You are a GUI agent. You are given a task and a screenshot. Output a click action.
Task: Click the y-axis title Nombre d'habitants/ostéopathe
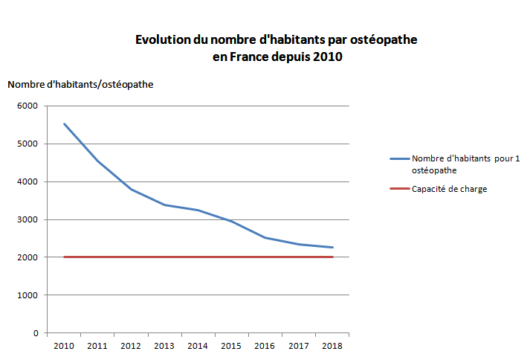click(x=80, y=84)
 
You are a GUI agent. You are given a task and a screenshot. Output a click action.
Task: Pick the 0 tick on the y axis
click(x=36, y=333)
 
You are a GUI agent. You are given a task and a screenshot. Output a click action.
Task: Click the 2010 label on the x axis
click(x=65, y=346)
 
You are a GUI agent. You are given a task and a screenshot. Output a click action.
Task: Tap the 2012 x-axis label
click(x=132, y=346)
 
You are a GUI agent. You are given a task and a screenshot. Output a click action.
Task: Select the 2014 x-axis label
click(x=198, y=346)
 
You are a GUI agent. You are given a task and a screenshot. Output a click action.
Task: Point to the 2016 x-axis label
click(x=265, y=346)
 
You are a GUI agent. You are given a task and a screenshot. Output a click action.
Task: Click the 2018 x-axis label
click(x=332, y=346)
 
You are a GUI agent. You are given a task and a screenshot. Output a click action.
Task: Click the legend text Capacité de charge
click(x=449, y=189)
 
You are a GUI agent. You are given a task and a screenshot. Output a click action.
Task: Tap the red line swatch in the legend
click(x=399, y=189)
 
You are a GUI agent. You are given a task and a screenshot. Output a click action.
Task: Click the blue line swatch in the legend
click(x=399, y=159)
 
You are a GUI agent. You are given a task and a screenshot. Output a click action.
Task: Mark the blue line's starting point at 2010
click(x=65, y=124)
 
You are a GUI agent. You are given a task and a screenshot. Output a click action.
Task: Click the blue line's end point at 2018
click(x=332, y=248)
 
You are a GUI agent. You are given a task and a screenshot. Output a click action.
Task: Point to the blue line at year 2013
click(x=165, y=205)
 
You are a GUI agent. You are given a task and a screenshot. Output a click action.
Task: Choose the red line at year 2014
click(x=198, y=257)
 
